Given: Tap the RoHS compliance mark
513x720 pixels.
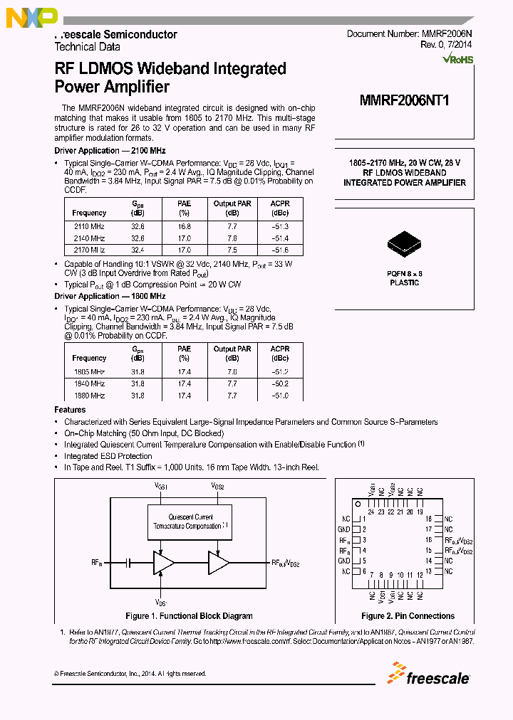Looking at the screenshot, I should (458, 60).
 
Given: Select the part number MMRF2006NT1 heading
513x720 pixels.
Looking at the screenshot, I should (404, 100).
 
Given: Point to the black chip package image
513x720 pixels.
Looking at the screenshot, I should (405, 243).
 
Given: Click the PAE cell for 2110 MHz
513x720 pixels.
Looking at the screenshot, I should (185, 226).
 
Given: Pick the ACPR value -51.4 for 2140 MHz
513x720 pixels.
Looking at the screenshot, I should (280, 238).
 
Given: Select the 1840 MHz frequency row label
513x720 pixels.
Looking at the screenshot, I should (89, 383).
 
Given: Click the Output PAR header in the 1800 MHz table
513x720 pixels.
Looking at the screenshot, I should (232, 349).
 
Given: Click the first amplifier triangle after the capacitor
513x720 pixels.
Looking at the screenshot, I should (163, 562).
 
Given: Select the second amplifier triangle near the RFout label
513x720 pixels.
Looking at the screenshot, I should (218, 562).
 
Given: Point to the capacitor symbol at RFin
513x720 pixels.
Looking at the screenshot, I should (128, 562).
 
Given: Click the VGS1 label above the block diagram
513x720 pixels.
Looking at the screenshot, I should (162, 485).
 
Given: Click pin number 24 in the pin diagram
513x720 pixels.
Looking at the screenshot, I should (371, 512).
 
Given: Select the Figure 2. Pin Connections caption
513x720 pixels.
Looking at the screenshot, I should (408, 616).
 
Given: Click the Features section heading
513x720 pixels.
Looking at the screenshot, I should (70, 410).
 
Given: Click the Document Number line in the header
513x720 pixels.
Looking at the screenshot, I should (410, 34).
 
